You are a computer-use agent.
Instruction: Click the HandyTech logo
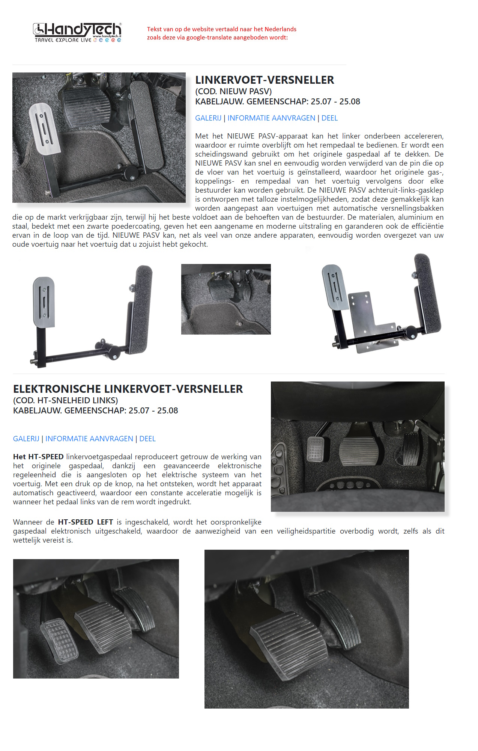pos(77,32)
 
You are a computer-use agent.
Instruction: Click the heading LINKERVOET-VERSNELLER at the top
pos(265,80)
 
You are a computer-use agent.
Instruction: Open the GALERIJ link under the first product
pos(208,118)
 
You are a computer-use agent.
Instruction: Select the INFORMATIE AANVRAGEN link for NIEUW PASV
pos(271,118)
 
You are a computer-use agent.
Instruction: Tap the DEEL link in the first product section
pos(329,118)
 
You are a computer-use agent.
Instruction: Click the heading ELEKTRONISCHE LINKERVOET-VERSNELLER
pos(128,389)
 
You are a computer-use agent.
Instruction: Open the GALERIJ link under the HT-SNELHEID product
pos(26,439)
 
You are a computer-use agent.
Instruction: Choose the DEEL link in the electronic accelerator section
pos(147,439)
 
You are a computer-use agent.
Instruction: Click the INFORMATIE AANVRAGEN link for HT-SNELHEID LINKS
pos(89,439)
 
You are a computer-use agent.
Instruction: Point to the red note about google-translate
pos(221,33)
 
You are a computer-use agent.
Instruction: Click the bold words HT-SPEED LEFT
pos(86,522)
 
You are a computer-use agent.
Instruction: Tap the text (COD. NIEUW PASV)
pos(233,91)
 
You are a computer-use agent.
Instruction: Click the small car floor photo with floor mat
pos(226,299)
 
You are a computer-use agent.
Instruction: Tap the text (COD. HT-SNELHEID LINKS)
pos(66,400)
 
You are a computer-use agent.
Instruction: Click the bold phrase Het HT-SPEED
pos(38,457)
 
